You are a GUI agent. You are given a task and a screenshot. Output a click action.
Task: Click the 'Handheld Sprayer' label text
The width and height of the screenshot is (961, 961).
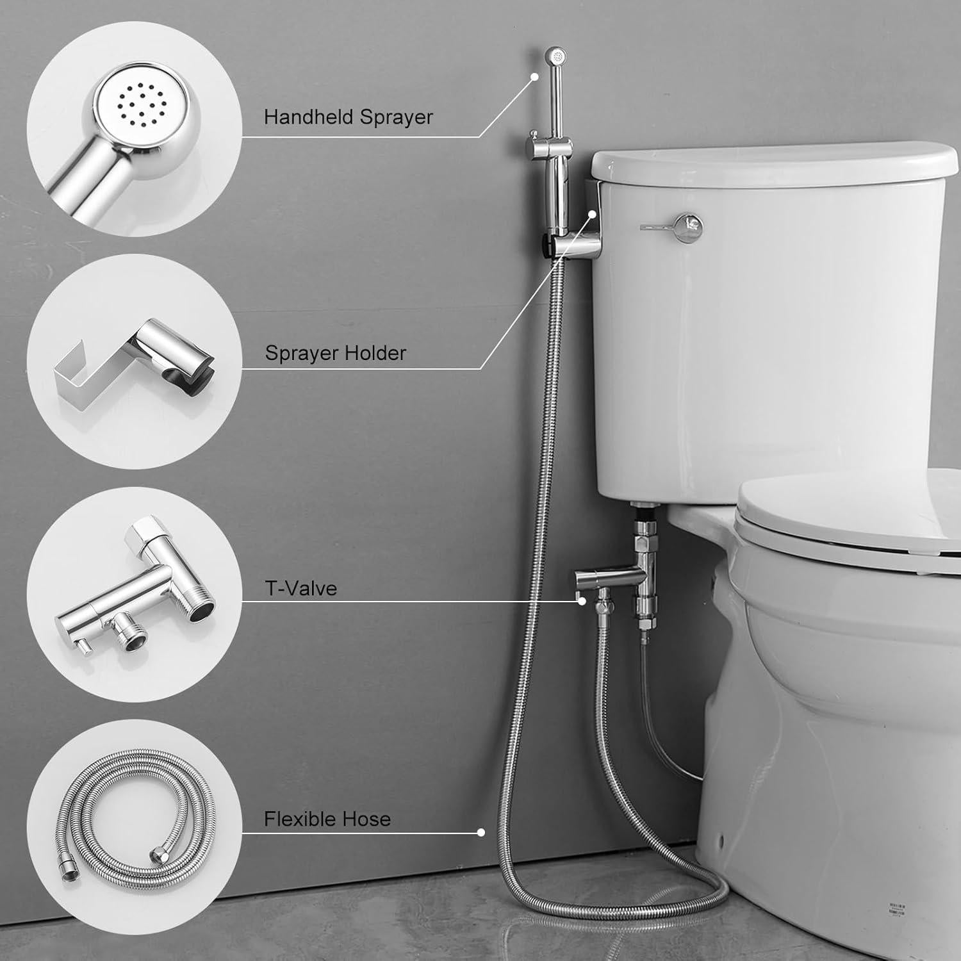(x=348, y=117)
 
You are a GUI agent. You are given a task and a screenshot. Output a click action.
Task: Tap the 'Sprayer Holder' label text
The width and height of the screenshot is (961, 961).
(x=335, y=353)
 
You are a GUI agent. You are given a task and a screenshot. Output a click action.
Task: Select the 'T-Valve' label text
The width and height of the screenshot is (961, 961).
(x=300, y=588)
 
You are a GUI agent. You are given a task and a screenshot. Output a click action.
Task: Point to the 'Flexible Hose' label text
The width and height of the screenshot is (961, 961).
(x=327, y=819)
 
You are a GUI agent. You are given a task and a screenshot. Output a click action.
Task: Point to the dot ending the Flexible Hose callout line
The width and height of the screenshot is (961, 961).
(x=481, y=832)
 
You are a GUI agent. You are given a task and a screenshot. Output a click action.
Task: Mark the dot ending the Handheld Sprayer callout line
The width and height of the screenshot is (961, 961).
(x=533, y=76)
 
